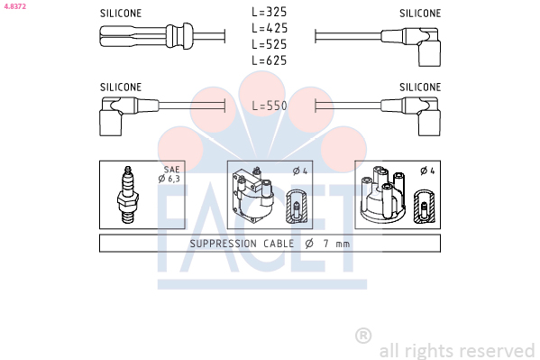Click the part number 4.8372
(14, 6)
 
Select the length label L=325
(269, 12)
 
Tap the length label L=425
(270, 28)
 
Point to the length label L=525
(269, 44)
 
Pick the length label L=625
(269, 60)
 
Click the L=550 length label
(270, 106)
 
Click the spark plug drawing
(128, 195)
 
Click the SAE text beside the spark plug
(171, 170)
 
